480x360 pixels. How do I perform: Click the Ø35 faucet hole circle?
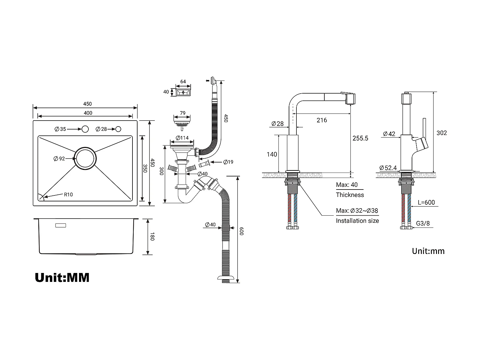[x=85, y=129]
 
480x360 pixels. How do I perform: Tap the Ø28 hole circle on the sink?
[x=118, y=129]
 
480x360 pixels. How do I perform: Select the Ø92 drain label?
[x=59, y=159]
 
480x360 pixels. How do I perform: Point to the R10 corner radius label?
[x=68, y=195]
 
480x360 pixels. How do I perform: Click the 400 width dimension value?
[x=88, y=113]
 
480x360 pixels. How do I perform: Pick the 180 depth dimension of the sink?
[x=152, y=236]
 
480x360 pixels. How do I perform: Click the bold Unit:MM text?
[x=62, y=278]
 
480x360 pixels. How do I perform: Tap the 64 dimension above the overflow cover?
[x=183, y=81]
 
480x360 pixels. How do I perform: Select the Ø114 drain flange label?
[x=182, y=138]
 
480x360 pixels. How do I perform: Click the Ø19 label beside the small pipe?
[x=228, y=162]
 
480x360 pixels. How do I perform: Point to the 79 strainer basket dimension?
[x=183, y=113]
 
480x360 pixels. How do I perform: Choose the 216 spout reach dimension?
[x=322, y=120]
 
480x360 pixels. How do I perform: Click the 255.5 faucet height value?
[x=360, y=138]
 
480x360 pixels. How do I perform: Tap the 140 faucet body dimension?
[x=272, y=154]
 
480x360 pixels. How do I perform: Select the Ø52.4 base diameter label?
[x=388, y=168]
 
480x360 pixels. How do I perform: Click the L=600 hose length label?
[x=426, y=202]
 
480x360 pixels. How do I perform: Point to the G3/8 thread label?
[x=423, y=223]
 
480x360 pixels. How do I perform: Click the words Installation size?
[x=357, y=221]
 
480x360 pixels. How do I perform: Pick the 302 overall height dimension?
[x=441, y=133]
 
